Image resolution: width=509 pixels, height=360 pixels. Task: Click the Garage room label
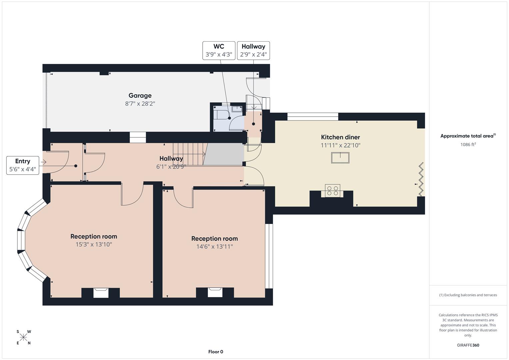pyautogui.click(x=140, y=96)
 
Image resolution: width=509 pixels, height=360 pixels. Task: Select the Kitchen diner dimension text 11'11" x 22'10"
pyautogui.click(x=340, y=145)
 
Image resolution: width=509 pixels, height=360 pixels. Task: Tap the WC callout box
pyautogui.click(x=219, y=51)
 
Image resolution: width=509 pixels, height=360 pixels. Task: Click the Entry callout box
pyautogui.click(x=22, y=165)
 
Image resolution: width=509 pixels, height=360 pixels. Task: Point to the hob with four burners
pyautogui.click(x=332, y=190)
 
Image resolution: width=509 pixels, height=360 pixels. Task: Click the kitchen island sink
pyautogui.click(x=340, y=158)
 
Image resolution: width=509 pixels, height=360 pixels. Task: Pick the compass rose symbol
pyautogui.click(x=23, y=337)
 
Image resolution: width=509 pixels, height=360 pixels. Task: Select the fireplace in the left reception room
pyautogui.click(x=101, y=293)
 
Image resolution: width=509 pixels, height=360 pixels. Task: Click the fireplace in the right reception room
pyautogui.click(x=215, y=292)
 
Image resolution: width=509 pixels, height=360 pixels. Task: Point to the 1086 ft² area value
pyautogui.click(x=468, y=145)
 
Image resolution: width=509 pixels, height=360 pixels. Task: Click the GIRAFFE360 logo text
pyautogui.click(x=468, y=345)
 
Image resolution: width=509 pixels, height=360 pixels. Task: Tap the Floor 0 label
pyautogui.click(x=216, y=352)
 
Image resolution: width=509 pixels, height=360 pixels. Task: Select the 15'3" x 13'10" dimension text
pyautogui.click(x=94, y=244)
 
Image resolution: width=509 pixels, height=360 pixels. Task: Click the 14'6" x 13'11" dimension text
pyautogui.click(x=214, y=247)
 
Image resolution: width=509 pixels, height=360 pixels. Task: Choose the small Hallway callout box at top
pyautogui.click(x=253, y=51)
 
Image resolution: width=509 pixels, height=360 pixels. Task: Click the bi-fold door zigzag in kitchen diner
pyautogui.click(x=421, y=179)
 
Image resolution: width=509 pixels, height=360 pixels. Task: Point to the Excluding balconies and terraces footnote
pyautogui.click(x=468, y=295)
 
